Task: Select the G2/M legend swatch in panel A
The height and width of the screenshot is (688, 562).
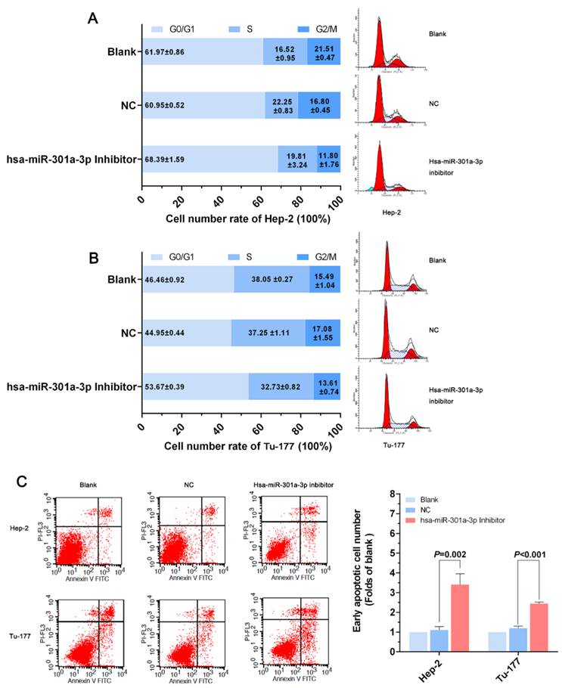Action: click(297, 28)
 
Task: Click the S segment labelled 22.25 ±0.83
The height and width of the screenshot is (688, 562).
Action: click(281, 106)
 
